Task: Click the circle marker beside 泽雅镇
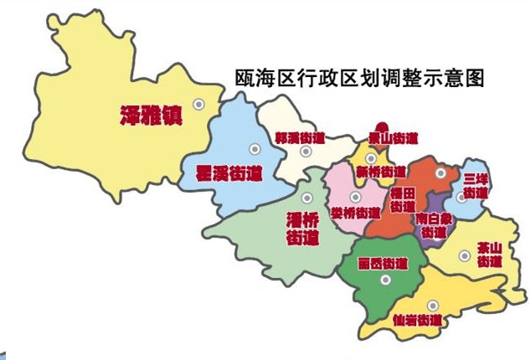tap(199, 104)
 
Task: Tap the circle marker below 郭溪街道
tap(306, 151)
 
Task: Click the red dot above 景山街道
tap(381, 123)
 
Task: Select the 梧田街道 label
tap(402, 199)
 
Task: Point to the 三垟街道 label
tap(476, 187)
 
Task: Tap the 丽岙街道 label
tap(381, 263)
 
